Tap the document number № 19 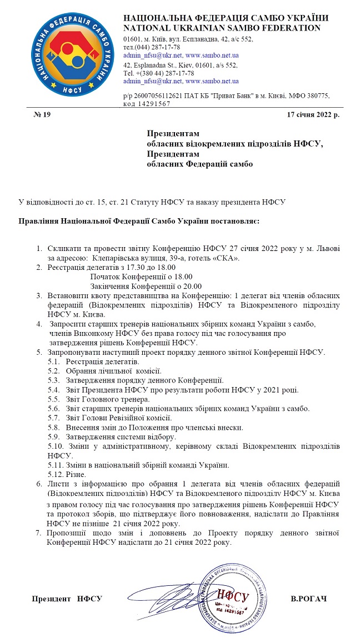(x=42, y=115)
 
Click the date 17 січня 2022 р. (x=313, y=115)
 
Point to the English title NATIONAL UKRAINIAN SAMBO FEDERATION (x=222, y=28)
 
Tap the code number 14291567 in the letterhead (x=147, y=104)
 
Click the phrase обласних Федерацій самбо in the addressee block (x=199, y=164)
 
